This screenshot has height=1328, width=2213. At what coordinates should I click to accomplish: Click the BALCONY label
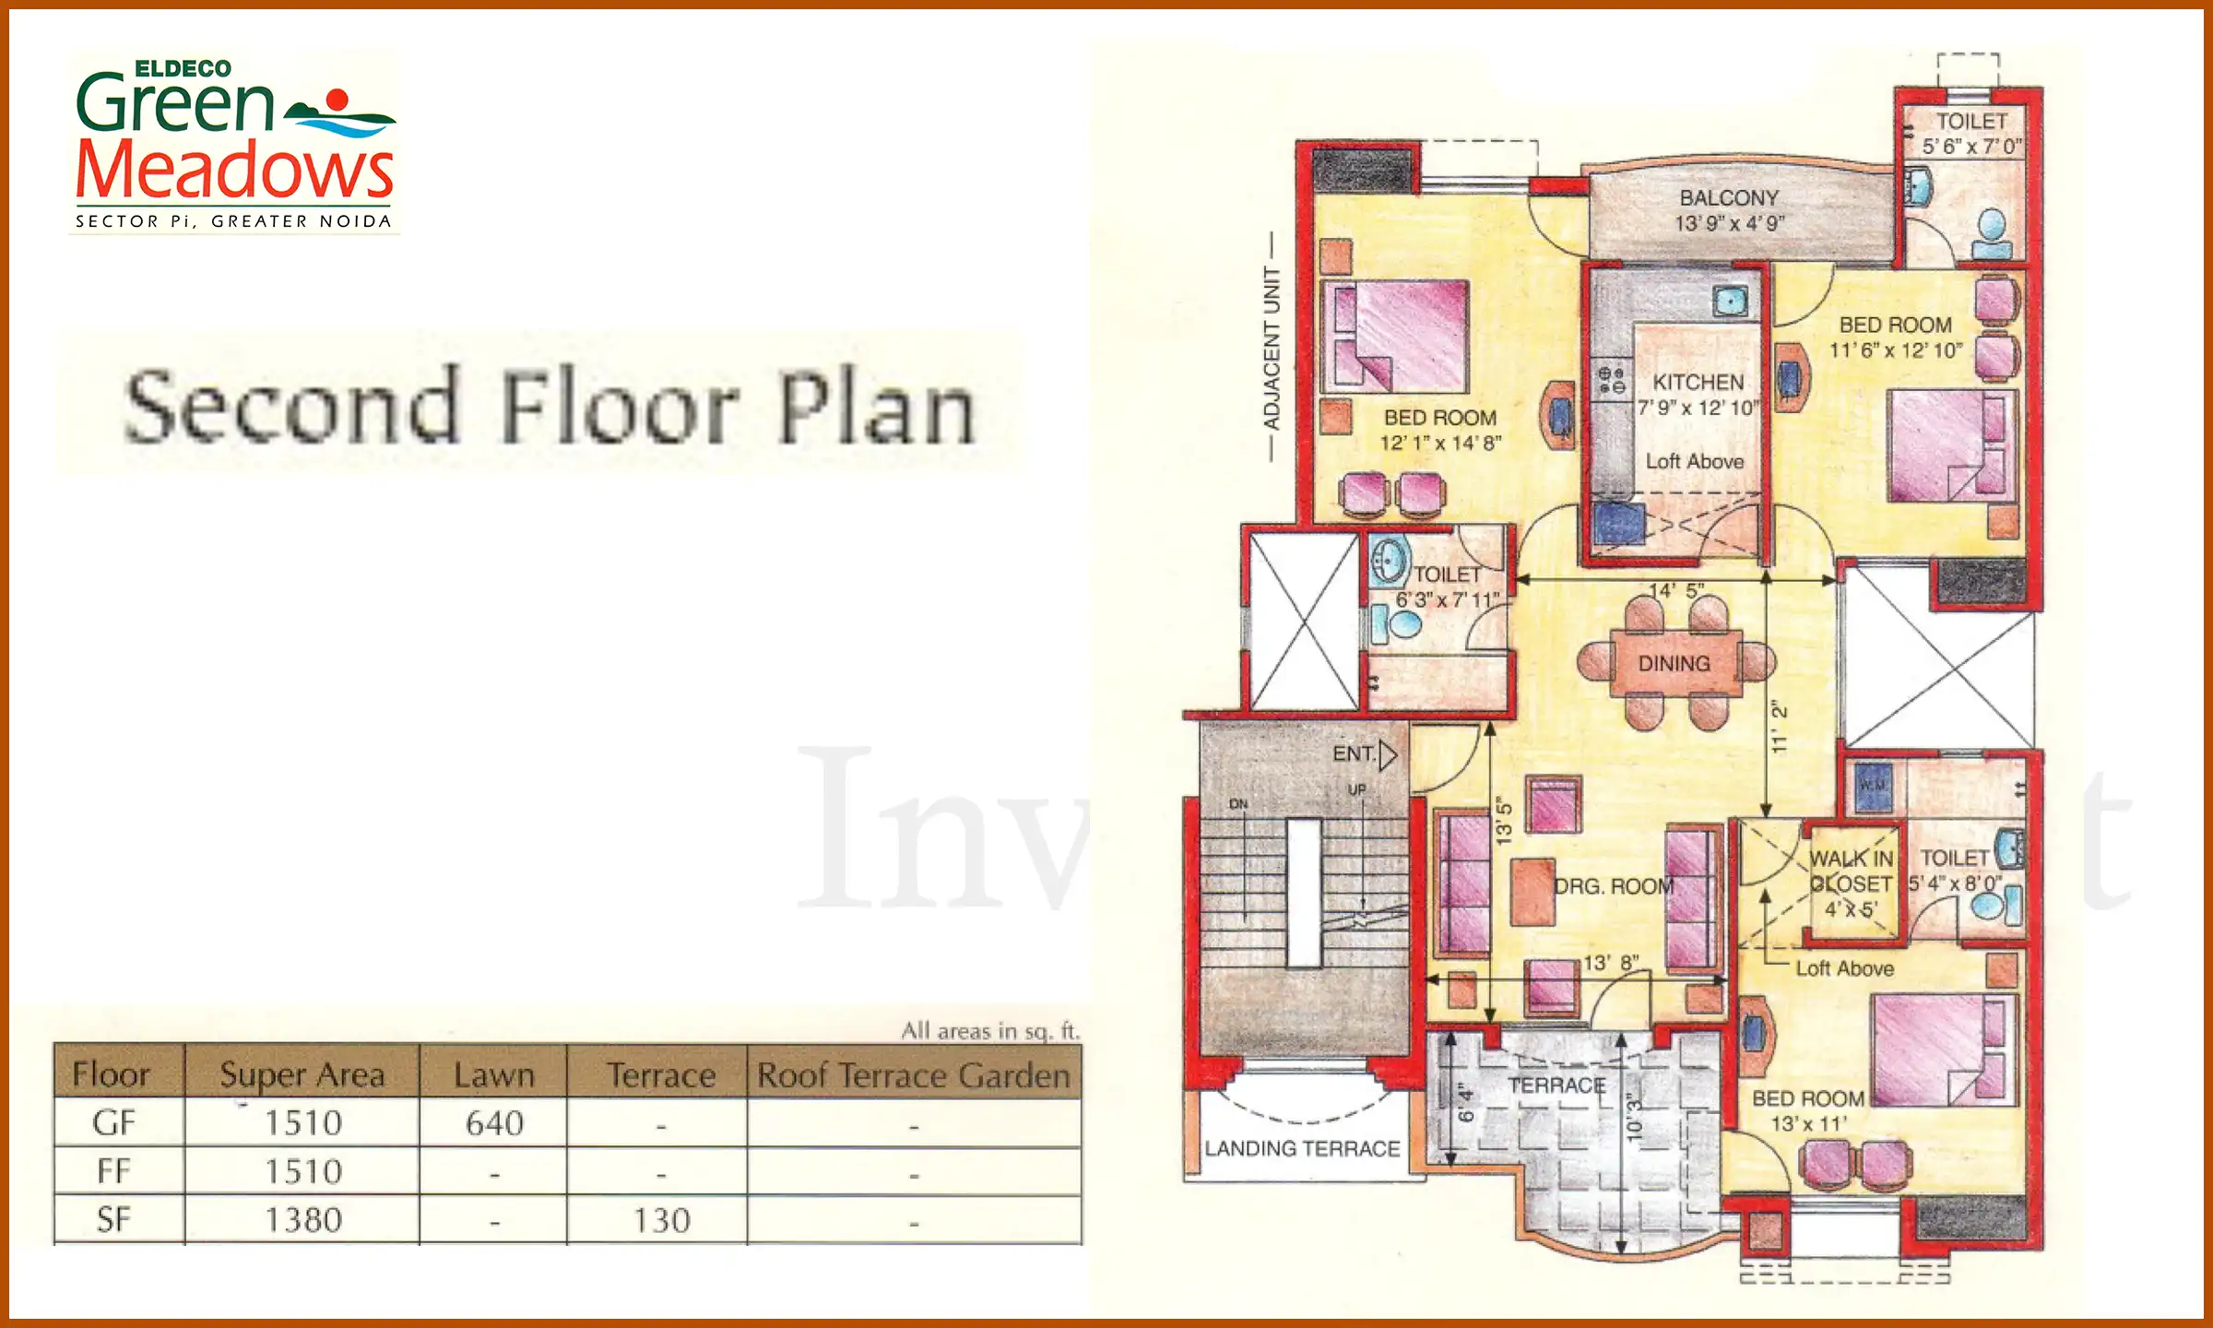(x=1729, y=198)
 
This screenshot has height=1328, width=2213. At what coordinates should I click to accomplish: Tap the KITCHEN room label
(x=1698, y=382)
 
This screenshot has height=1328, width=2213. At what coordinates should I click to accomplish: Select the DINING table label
(x=1674, y=663)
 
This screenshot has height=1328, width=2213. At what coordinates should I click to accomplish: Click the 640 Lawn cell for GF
(x=494, y=1123)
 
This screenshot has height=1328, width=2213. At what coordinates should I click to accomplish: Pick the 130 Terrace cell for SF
(x=661, y=1220)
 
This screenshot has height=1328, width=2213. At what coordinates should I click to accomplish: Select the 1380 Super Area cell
(x=303, y=1220)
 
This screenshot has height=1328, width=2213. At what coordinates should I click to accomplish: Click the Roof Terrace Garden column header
(x=913, y=1075)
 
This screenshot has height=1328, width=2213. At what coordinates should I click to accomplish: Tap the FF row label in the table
(x=114, y=1171)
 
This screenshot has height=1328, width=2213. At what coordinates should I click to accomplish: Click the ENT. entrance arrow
(x=1388, y=755)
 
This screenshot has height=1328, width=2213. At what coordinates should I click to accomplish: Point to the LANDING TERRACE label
(x=1302, y=1148)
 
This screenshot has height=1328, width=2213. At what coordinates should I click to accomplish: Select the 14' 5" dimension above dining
(x=1676, y=591)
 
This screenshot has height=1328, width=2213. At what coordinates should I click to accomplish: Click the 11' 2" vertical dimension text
(x=1780, y=727)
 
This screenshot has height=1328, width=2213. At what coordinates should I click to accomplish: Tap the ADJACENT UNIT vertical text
(x=1272, y=348)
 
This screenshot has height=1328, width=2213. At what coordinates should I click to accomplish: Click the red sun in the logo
(x=337, y=100)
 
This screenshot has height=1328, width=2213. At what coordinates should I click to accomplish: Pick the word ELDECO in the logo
(x=183, y=69)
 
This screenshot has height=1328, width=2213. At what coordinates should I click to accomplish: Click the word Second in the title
(x=291, y=408)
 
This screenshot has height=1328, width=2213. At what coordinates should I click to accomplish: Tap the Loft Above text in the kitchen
(x=1695, y=461)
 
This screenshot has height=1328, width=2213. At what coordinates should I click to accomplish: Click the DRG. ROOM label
(x=1614, y=886)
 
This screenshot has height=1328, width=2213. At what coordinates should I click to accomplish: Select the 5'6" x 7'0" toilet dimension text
(x=1971, y=147)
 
